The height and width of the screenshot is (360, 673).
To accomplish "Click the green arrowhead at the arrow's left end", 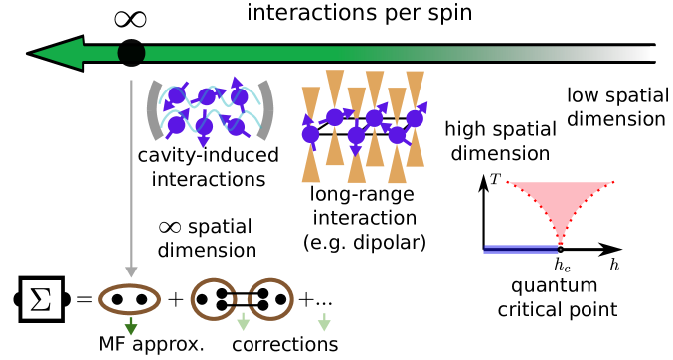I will click(58, 53).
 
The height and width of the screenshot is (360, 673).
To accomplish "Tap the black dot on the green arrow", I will click(131, 53).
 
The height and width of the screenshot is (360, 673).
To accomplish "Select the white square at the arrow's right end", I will click(654, 53).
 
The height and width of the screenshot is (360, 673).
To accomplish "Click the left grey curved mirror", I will click(154, 109).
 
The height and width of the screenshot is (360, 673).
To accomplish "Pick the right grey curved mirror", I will click(265, 109).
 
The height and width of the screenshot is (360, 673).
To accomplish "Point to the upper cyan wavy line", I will click(209, 93).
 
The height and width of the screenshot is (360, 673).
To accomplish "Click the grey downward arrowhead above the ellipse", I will click(131, 271).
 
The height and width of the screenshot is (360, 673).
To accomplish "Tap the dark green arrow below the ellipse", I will click(131, 328).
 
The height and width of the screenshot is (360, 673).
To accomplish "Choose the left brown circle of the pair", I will click(213, 299).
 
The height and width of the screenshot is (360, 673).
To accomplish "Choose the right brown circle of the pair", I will click(270, 299).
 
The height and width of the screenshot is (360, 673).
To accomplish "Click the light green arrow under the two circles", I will click(243, 323).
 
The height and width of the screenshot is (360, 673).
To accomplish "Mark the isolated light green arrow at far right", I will click(324, 323).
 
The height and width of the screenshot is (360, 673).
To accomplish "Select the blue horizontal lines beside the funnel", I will click(520, 249).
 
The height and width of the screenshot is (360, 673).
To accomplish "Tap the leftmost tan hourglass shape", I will click(311, 134).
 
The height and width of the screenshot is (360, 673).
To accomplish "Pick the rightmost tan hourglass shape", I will click(415, 117).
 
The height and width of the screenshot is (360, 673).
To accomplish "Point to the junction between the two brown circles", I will click(242, 299).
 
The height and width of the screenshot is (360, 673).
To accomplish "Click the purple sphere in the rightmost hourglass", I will click(414, 118).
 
